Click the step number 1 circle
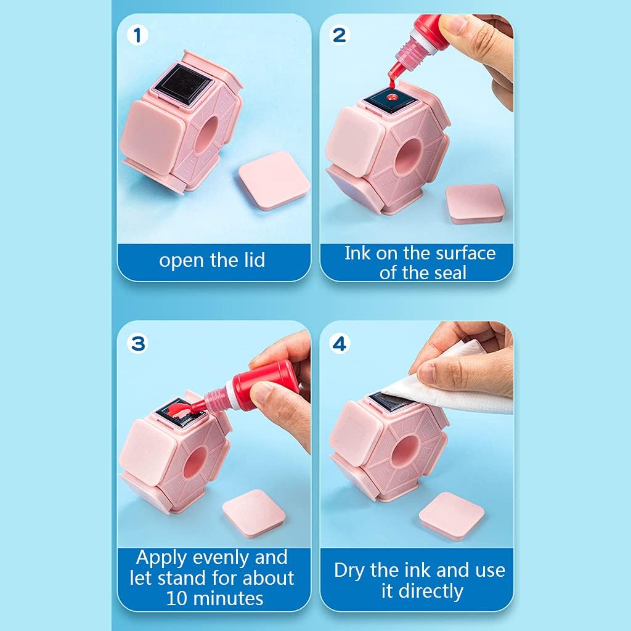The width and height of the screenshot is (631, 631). (137, 35)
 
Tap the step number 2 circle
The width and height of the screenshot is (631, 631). (340, 35)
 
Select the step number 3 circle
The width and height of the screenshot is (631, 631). (137, 344)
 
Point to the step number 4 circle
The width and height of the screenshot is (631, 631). (340, 344)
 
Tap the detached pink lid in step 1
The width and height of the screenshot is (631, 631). (274, 181)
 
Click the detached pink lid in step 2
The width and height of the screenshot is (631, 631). (475, 203)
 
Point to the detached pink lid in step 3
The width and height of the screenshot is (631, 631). (254, 513)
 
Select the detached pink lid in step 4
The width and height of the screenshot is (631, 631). (452, 516)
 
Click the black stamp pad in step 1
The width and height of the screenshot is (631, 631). (184, 85)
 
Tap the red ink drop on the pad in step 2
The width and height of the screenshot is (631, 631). (391, 97)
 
